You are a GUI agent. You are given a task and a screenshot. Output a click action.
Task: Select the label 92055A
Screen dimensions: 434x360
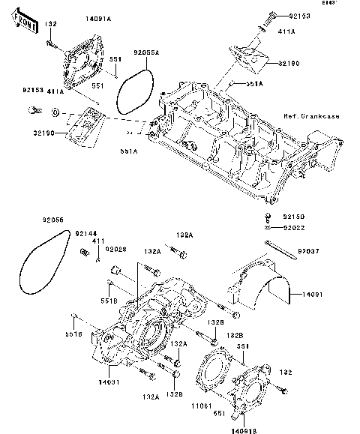click(x=147, y=53)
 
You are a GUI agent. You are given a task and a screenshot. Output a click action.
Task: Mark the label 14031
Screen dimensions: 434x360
click(x=108, y=382)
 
